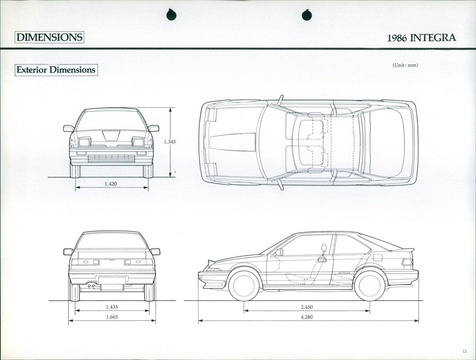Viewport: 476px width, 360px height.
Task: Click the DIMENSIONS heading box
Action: (x=49, y=37)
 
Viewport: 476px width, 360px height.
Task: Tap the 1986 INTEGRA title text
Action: (x=421, y=38)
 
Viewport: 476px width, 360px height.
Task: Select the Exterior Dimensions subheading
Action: (x=56, y=70)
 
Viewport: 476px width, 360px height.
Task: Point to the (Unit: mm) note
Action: (x=405, y=65)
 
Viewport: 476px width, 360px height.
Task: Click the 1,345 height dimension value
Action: (x=170, y=142)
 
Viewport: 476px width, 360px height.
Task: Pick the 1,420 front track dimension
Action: (x=111, y=184)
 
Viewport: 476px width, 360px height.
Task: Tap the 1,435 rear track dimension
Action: (x=112, y=307)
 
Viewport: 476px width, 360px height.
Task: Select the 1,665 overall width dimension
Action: (x=112, y=317)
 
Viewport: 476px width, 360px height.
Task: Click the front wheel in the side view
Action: (x=244, y=285)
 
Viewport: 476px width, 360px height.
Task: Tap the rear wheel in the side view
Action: (x=370, y=285)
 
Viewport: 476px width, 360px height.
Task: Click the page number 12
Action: (x=464, y=351)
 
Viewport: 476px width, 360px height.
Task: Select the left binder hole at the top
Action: (x=171, y=15)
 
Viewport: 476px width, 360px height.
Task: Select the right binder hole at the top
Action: (x=307, y=15)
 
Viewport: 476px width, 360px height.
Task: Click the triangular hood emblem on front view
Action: (x=111, y=135)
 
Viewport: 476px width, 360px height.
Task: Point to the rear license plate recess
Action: (x=112, y=280)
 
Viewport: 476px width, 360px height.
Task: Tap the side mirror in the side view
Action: (x=279, y=252)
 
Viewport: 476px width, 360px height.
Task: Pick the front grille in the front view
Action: (x=111, y=158)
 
